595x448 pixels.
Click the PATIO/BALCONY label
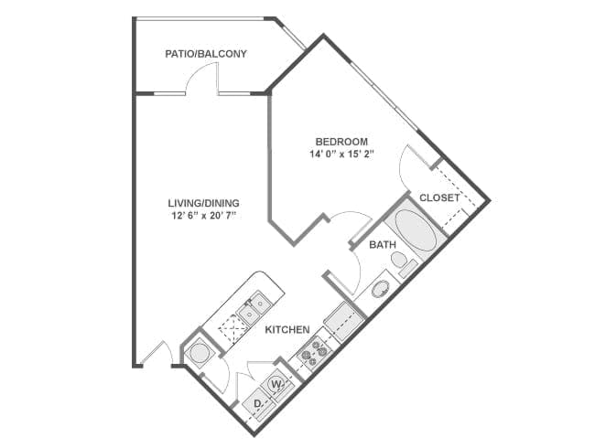click(206, 54)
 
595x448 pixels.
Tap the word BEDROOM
click(341, 142)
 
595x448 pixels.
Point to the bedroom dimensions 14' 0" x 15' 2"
click(341, 155)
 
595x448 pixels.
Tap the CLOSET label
click(439, 197)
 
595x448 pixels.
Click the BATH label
click(383, 245)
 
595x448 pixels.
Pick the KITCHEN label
click(287, 329)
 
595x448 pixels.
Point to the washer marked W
click(277, 384)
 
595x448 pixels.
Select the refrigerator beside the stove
click(344, 321)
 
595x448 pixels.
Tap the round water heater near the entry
click(199, 350)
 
